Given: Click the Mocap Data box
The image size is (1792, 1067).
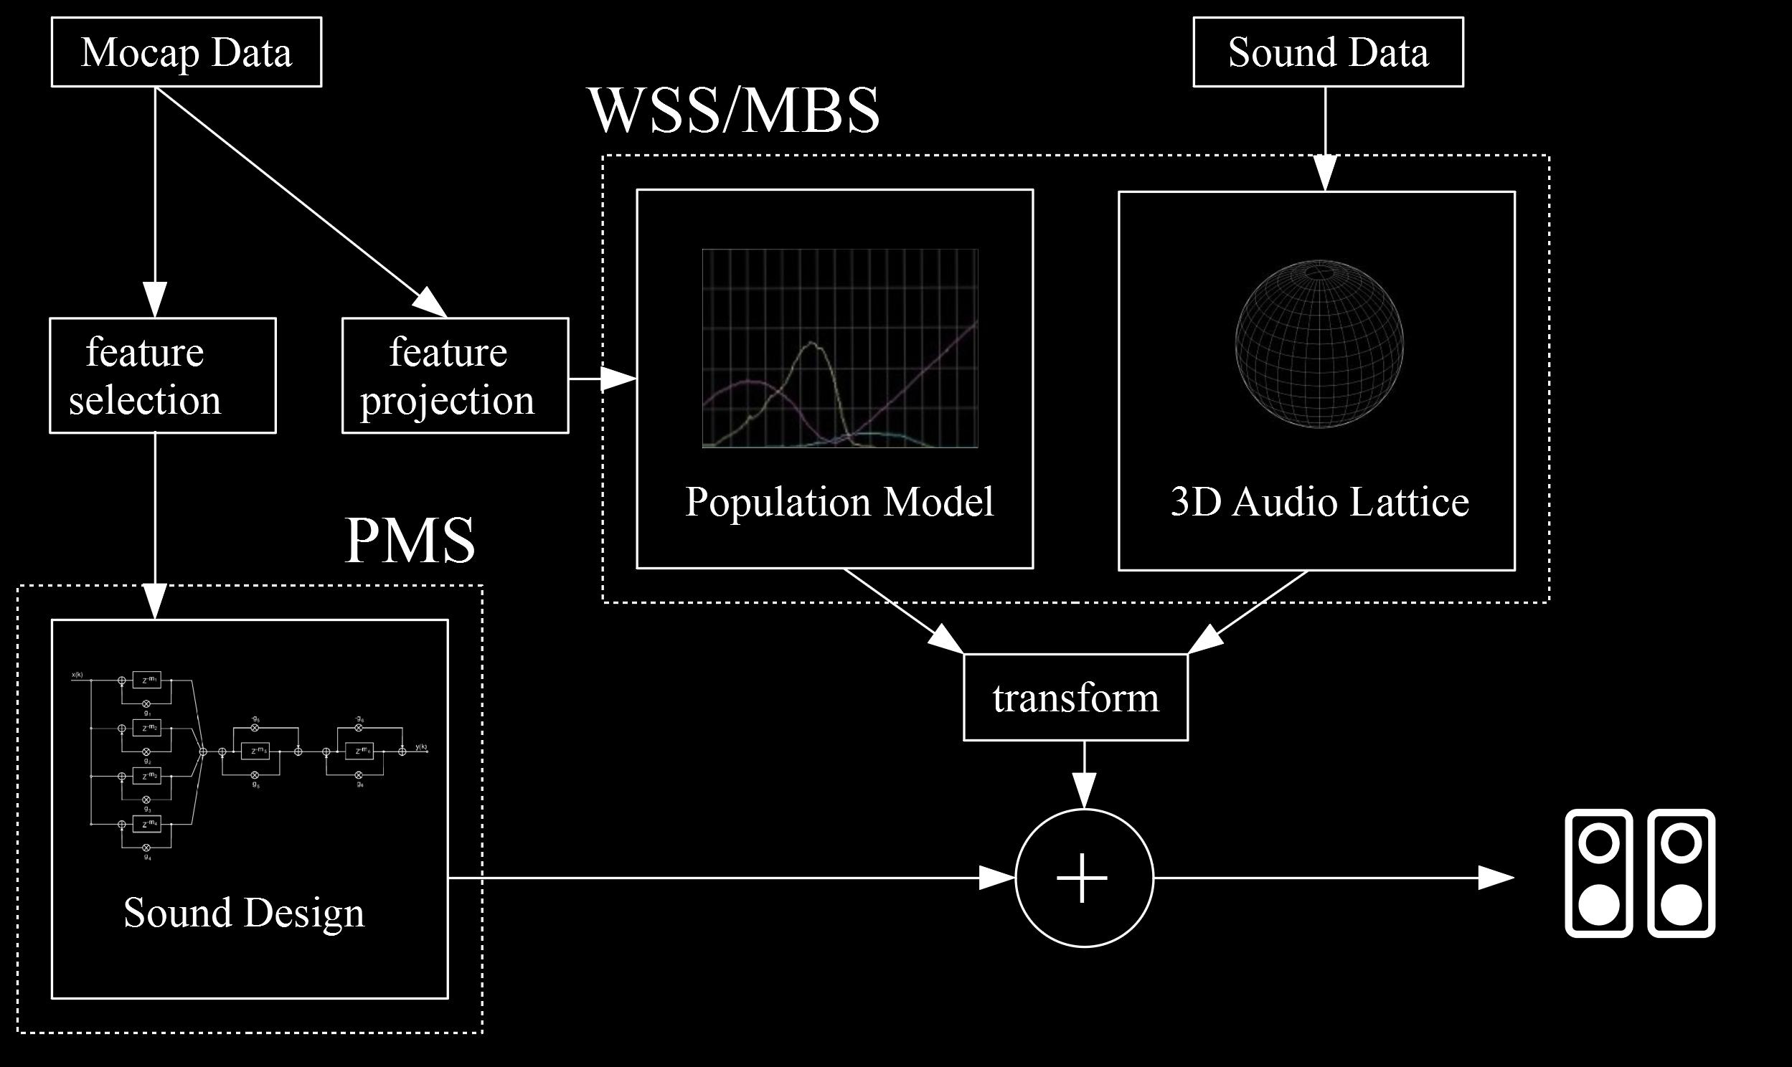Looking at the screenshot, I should pyautogui.click(x=187, y=52).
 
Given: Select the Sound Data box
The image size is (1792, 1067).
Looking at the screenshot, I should pyautogui.click(x=1328, y=52).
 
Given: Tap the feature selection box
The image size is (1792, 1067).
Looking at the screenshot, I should pyautogui.click(x=163, y=375).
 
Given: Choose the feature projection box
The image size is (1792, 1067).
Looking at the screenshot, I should pyautogui.click(x=455, y=375).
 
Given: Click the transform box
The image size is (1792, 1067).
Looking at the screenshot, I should pyautogui.click(x=1075, y=698).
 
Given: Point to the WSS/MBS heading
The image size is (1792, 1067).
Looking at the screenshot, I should pyautogui.click(x=734, y=110).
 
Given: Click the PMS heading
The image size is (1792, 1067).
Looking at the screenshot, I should pyautogui.click(x=410, y=541).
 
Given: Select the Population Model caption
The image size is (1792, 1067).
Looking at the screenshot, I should pyautogui.click(x=839, y=501).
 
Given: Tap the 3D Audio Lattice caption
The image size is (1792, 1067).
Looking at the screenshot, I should pyautogui.click(x=1319, y=501).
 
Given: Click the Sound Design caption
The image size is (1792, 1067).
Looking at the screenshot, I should pyautogui.click(x=244, y=912).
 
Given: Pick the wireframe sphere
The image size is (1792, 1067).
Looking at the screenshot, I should pyautogui.click(x=1319, y=344).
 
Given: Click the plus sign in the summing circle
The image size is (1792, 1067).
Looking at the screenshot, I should pyautogui.click(x=1083, y=878).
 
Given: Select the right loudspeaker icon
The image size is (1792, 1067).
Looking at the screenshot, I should pyautogui.click(x=1682, y=873).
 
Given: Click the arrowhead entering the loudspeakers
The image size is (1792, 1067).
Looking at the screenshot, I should pyautogui.click(x=1496, y=878).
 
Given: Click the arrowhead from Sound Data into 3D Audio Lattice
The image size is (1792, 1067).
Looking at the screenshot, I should pyautogui.click(x=1325, y=174).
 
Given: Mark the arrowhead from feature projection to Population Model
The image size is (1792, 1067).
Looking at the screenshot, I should pyautogui.click(x=618, y=378).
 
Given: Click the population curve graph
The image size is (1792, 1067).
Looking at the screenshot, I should pyautogui.click(x=840, y=348).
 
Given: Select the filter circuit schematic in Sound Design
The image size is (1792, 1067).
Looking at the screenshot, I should pyautogui.click(x=250, y=764).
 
